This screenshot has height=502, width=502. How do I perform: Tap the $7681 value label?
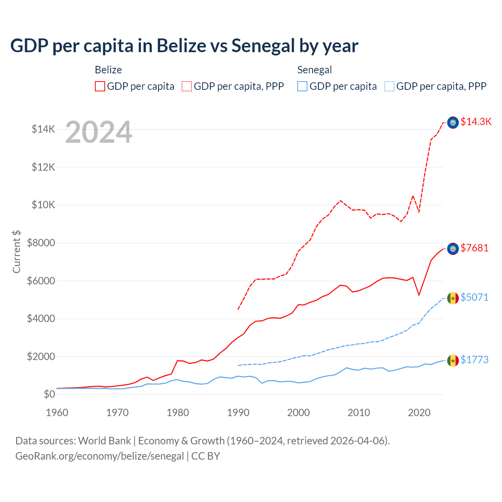pyautogui.click(x=475, y=248)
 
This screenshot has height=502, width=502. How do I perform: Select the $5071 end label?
pyautogui.click(x=475, y=297)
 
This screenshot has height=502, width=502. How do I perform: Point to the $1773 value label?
pyautogui.click(x=475, y=360)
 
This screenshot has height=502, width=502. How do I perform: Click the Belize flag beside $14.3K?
pyautogui.click(x=453, y=123)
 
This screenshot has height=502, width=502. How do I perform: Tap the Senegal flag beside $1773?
pyautogui.click(x=453, y=360)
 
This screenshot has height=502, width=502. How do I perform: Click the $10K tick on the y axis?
pyautogui.click(x=43, y=205)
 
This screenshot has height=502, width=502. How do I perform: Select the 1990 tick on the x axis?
pyautogui.click(x=238, y=413)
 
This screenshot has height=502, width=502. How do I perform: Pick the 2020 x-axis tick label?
pyautogui.click(x=419, y=413)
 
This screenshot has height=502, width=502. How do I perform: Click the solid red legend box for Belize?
pyautogui.click(x=100, y=86)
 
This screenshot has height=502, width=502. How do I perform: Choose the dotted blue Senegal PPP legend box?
pyautogui.click(x=389, y=86)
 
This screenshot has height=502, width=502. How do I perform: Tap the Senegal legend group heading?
pyautogui.click(x=315, y=70)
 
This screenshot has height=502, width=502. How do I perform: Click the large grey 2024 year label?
pyautogui.click(x=98, y=132)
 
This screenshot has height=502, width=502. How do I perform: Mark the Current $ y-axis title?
pyautogui.click(x=16, y=252)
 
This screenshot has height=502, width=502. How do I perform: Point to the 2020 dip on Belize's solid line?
pyautogui.click(x=419, y=295)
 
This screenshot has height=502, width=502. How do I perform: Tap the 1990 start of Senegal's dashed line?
pyautogui.click(x=238, y=366)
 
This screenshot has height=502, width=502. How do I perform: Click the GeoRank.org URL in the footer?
pyautogui.click(x=100, y=456)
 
